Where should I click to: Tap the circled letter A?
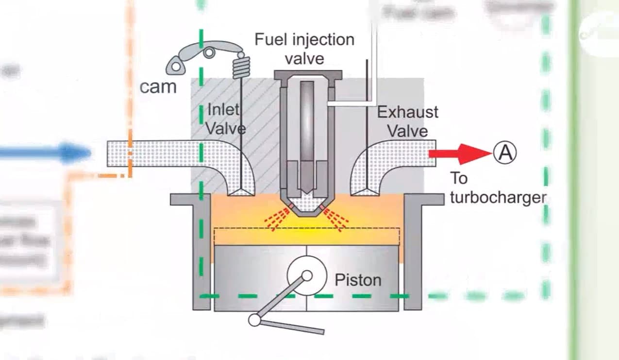[505, 153]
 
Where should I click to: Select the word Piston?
[358, 280]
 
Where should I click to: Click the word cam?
[158, 87]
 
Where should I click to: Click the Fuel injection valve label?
[304, 49]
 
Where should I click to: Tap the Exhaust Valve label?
[407, 121]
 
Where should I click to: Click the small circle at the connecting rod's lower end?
[254, 320]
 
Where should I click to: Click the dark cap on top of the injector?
[308, 74]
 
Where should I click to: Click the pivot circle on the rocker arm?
[209, 52]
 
